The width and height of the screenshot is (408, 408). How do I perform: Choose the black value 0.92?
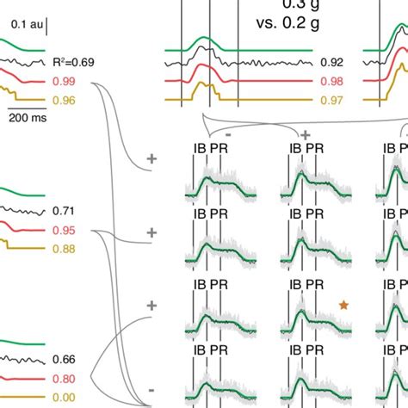pos(331,63)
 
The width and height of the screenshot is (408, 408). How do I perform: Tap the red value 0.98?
pos(331,82)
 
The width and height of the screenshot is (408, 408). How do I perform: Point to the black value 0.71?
pos(62,211)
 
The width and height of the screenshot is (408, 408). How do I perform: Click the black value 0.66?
pos(62,359)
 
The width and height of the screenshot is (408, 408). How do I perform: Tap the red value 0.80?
pos(62,378)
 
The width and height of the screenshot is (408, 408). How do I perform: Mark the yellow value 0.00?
pos(62,398)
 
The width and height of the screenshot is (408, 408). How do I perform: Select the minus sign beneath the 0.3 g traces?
pos(226,134)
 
